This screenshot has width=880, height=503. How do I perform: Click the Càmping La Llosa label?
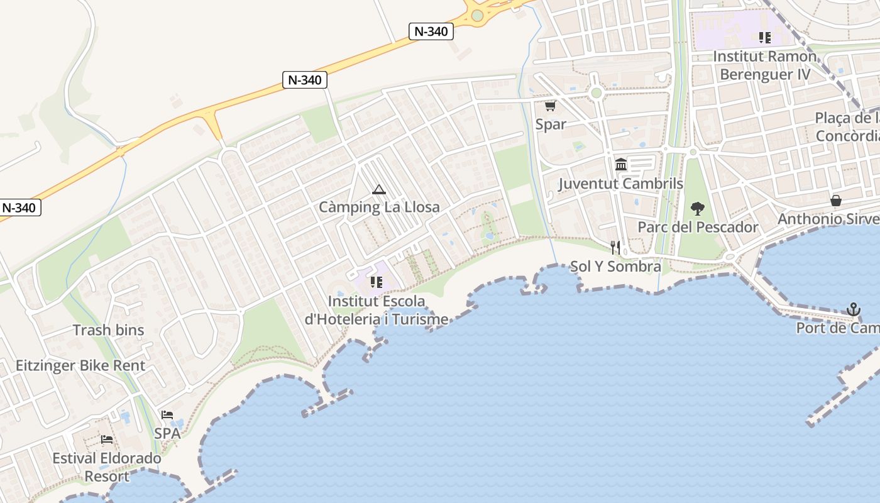pyautogui.click(x=379, y=207)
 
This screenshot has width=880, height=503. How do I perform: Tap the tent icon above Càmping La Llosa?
pyautogui.click(x=378, y=189)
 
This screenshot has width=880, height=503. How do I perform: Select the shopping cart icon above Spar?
pyautogui.click(x=550, y=106)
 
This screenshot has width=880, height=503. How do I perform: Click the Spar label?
pyautogui.click(x=551, y=124)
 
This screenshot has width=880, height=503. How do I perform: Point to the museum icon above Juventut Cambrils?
pyautogui.click(x=621, y=165)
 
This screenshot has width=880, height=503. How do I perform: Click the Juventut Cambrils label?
pyautogui.click(x=620, y=184)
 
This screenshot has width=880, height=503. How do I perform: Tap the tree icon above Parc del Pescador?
pyautogui.click(x=697, y=209)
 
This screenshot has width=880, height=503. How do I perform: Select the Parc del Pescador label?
pyautogui.click(x=698, y=227)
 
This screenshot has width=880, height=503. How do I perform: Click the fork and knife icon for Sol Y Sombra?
pyautogui.click(x=615, y=248)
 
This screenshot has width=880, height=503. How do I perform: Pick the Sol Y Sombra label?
pyautogui.click(x=615, y=267)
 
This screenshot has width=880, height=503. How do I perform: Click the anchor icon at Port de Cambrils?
pyautogui.click(x=853, y=309)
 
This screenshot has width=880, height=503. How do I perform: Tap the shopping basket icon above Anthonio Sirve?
pyautogui.click(x=836, y=201)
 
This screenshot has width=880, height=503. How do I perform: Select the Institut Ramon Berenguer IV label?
pyautogui.click(x=765, y=65)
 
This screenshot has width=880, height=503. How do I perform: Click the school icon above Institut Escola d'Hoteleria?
pyautogui.click(x=377, y=283)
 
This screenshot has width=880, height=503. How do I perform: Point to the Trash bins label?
pyautogui.click(x=108, y=330)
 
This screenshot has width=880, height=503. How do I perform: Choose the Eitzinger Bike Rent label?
pyautogui.click(x=80, y=365)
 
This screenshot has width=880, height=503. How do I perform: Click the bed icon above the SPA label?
pyautogui.click(x=167, y=415)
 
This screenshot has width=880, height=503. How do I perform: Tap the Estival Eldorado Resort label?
pyautogui.click(x=107, y=467)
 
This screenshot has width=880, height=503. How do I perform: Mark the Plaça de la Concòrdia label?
pyautogui.click(x=847, y=127)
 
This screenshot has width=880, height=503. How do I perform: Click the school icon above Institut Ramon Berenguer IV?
pyautogui.click(x=764, y=38)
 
